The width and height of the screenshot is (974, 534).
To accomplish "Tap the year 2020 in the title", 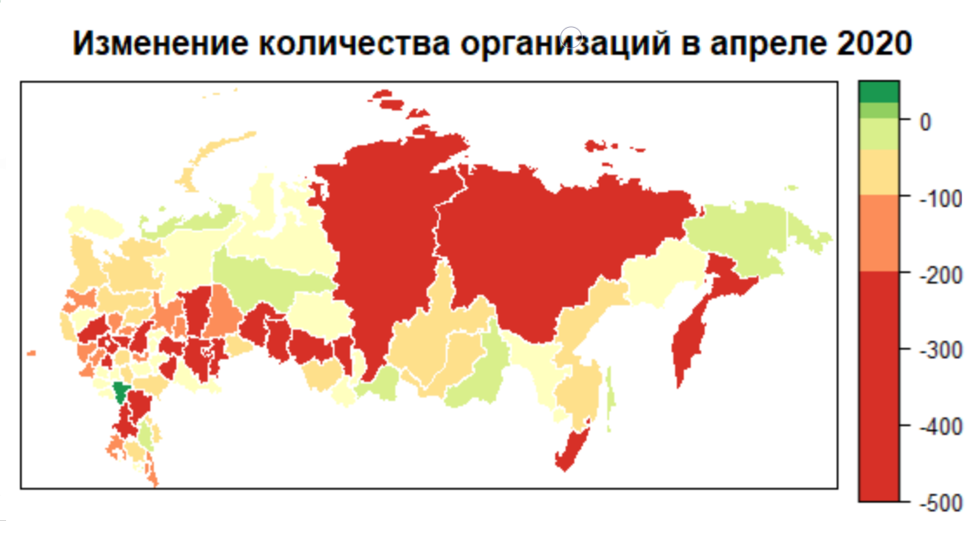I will (x=872, y=43).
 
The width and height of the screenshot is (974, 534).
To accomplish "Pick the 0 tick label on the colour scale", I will (x=925, y=122).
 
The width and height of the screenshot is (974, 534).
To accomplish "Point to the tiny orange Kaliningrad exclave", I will (x=31, y=352).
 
